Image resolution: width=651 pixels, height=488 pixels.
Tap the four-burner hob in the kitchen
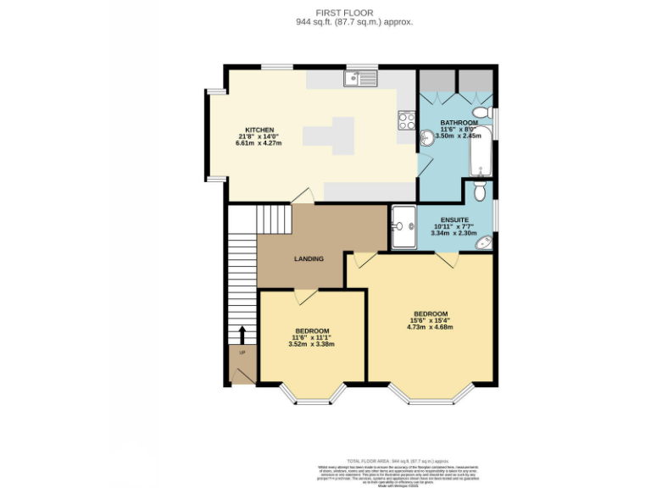(406, 120)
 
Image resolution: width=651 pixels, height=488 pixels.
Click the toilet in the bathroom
(482, 112)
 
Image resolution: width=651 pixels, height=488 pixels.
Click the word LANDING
(309, 258)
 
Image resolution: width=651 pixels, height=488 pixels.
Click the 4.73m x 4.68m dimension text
(431, 327)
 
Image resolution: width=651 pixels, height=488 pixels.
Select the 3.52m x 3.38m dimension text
(312, 344)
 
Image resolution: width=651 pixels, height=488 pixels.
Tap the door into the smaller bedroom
(305, 296)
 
